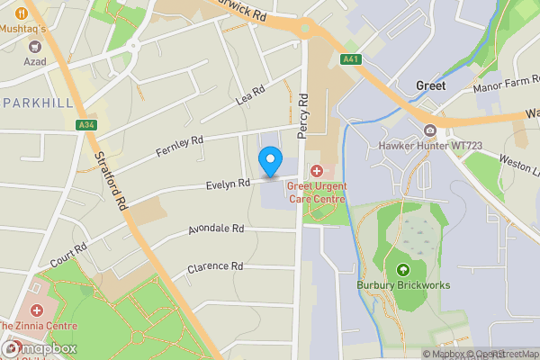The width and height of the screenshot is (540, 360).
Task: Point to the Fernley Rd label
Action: click(x=180, y=146)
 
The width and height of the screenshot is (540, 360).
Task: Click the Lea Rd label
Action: click(x=250, y=94)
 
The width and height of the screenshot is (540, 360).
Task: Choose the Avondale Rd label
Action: click(x=216, y=230)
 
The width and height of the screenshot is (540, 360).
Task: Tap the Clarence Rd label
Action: click(x=215, y=267)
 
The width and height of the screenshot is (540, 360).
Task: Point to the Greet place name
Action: click(x=431, y=85)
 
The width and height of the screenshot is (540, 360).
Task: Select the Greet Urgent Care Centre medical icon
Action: click(x=316, y=171)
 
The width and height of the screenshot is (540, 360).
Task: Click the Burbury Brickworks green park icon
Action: click(x=402, y=269)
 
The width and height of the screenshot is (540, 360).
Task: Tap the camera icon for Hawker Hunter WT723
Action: click(x=429, y=130)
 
